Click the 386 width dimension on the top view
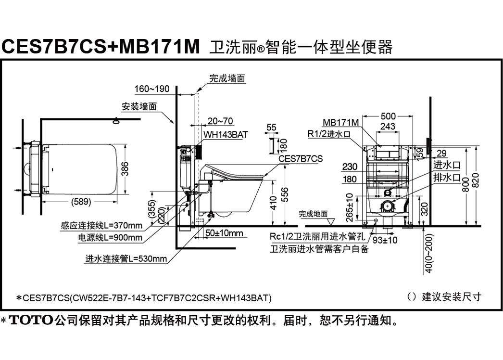point(126,168)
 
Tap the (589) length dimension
point(81,202)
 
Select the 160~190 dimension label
point(152,89)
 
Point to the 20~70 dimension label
point(220,121)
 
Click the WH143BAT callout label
point(226,135)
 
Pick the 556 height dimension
point(285,194)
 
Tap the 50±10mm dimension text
point(224,233)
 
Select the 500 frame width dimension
point(388,116)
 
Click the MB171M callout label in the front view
point(340,122)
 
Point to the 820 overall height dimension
point(476,182)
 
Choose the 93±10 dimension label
point(385,240)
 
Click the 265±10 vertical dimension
point(350,207)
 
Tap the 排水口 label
point(447,177)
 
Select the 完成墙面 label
point(227,78)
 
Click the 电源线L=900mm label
point(110,238)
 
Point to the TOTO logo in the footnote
point(31,320)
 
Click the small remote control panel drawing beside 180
point(271,145)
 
